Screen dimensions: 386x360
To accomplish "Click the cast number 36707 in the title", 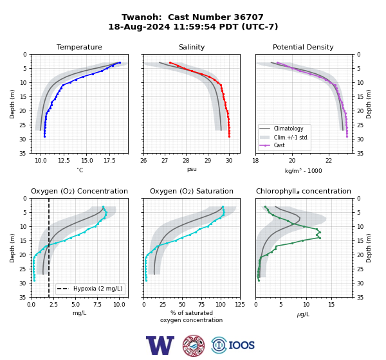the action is click(248, 17).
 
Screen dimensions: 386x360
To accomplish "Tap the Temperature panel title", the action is click(79, 47).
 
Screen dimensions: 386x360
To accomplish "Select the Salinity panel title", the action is click(192, 47).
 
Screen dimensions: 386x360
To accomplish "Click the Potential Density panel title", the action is click(303, 47).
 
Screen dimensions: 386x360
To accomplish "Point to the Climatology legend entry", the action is click(288, 129).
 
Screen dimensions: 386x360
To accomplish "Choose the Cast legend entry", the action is click(279, 145).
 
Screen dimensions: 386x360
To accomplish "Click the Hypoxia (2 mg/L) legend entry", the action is click(98, 289).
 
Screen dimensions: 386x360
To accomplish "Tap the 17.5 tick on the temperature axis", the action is click(109, 161).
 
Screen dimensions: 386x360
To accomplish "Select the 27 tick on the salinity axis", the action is click(165, 161).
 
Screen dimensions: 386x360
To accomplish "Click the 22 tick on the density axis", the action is click(329, 161).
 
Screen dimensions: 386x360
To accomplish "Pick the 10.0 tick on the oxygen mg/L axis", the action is click(119, 305).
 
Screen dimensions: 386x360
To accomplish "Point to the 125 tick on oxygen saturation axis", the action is click(240, 305).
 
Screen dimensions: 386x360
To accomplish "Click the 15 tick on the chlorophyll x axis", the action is click(331, 305).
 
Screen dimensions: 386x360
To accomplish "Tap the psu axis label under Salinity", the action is click(192, 169).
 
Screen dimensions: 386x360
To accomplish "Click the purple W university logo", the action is click(160, 345).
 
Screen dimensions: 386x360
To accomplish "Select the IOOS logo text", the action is click(241, 345).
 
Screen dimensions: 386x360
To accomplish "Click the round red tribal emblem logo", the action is click(194, 345).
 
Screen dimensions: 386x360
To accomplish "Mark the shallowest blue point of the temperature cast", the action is click(120, 62).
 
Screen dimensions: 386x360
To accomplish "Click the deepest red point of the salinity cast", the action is click(229, 136).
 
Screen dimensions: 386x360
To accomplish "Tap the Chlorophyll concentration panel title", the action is click(303, 191).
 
